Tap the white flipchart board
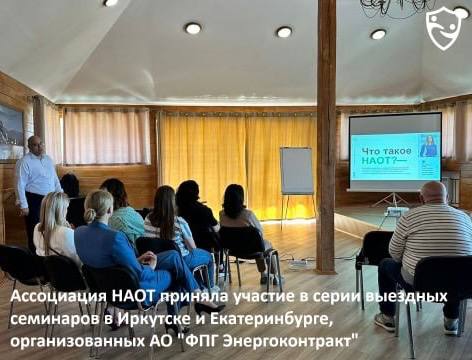296,170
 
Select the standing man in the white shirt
37,180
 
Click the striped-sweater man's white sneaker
385,321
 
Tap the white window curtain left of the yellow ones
106,136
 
